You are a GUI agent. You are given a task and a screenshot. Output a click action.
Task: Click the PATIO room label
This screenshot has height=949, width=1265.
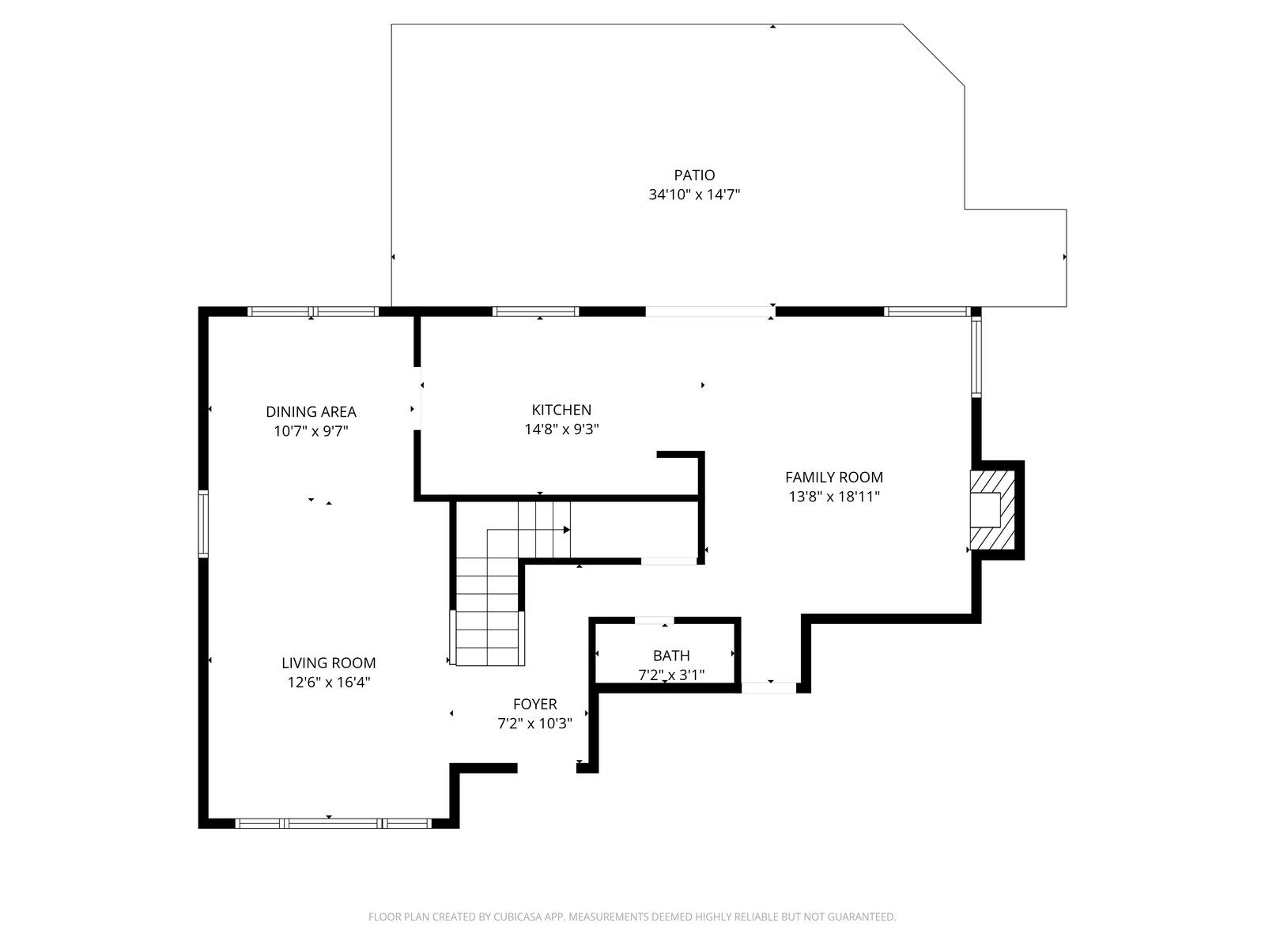tap(694, 175)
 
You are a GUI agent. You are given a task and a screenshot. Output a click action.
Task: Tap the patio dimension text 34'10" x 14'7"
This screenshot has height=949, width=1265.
tap(694, 195)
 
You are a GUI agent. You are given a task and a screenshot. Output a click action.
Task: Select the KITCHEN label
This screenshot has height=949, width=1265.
tap(561, 410)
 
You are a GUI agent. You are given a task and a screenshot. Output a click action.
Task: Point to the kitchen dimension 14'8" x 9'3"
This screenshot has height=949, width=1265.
tap(561, 429)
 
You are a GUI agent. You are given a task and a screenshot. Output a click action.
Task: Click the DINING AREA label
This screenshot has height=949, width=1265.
tap(311, 412)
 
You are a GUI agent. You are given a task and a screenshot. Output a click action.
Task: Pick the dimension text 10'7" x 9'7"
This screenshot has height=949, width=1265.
tap(311, 431)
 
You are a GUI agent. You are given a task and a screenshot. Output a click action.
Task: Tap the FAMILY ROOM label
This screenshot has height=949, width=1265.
tap(833, 477)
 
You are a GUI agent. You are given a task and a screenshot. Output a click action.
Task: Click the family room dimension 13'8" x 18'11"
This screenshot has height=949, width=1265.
tap(833, 496)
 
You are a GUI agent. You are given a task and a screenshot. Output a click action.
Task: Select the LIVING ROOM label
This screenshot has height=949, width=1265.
tap(328, 664)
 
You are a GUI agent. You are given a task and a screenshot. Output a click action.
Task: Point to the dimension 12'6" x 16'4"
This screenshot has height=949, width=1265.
tap(328, 682)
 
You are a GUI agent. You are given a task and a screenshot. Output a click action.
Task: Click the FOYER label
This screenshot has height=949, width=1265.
tap(534, 704)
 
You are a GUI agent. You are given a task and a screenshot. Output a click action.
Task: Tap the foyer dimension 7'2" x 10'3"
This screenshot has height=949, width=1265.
tap(534, 723)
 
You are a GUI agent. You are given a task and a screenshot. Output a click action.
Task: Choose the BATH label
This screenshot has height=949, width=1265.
tap(670, 656)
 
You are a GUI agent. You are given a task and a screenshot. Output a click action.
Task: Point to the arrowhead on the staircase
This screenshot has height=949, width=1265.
tap(567, 530)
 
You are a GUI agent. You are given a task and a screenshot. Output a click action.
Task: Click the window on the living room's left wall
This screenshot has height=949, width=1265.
tap(203, 524)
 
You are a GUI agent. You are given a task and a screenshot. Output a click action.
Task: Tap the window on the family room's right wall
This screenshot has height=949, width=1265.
tap(976, 357)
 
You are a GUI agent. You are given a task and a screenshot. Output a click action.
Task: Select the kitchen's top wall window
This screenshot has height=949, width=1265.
tap(535, 312)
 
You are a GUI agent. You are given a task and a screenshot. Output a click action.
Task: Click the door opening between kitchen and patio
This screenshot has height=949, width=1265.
tap(710, 312)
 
